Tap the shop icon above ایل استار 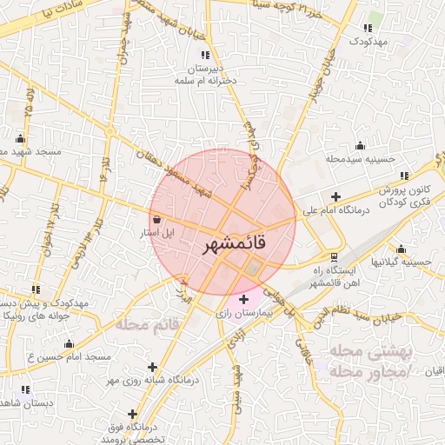pyautogui.click(x=156, y=220)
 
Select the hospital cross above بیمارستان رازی pyautogui.click(x=242, y=299)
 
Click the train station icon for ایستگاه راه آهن pyautogui.click(x=335, y=257)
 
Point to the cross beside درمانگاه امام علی pyautogui.click(x=336, y=197)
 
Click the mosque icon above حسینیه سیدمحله pyautogui.click(x=360, y=145)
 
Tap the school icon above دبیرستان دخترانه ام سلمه pyautogui.click(x=205, y=55)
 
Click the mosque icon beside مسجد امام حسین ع pyautogui.click(x=69, y=344)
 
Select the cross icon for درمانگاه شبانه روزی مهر pyautogui.click(x=153, y=368)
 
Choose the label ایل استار pyautogui.click(x=157, y=233)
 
